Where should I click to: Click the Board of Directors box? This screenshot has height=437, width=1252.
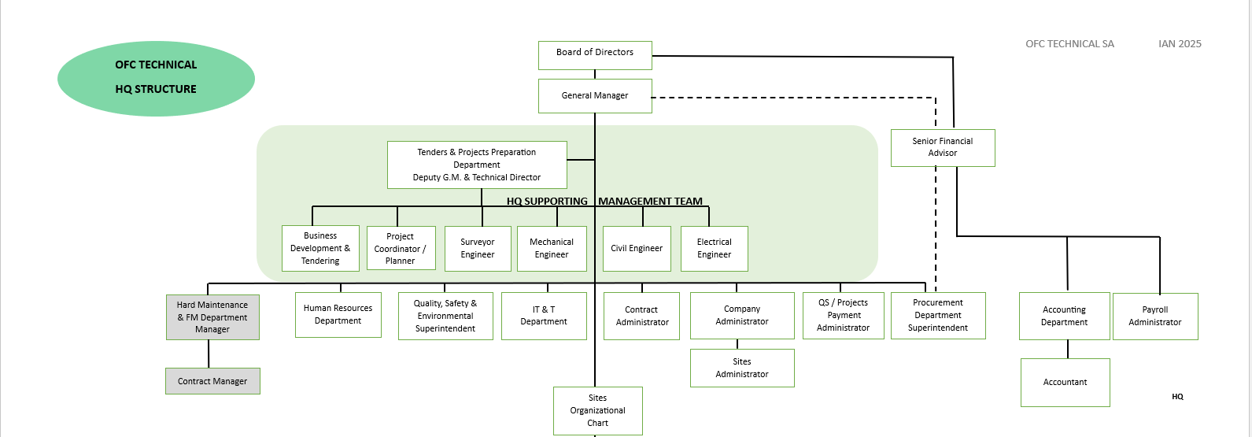coord(595,55)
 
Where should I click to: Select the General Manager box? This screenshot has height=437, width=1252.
coord(595,95)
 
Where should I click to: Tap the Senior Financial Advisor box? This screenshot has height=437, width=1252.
coord(943,147)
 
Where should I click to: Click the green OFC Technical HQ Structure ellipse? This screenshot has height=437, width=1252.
coord(156,78)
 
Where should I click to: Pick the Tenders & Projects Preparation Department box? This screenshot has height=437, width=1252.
coord(477,165)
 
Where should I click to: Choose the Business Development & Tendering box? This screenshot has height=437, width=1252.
coord(320,248)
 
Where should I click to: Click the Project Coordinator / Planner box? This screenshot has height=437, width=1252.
coord(401,248)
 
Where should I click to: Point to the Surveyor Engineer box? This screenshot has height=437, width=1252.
coord(478,248)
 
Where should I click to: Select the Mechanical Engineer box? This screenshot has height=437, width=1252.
coord(552,248)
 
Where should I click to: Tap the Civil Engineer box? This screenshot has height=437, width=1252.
coord(637,248)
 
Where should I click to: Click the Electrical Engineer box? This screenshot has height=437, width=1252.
coord(714,248)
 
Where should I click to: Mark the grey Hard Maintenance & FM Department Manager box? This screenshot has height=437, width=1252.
coord(212,317)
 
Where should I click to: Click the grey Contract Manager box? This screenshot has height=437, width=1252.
coord(212,381)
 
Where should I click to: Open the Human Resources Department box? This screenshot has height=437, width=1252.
coord(338,315)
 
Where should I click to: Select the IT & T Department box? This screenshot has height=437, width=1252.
coord(544,316)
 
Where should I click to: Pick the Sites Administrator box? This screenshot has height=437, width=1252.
coord(742,368)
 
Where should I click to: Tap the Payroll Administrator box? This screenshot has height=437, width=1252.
coord(1155,316)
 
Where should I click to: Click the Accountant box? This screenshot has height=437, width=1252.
coord(1065,382)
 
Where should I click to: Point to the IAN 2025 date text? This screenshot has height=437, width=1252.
coord(1180,44)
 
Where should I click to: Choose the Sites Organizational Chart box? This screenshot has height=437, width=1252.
coord(598,410)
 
